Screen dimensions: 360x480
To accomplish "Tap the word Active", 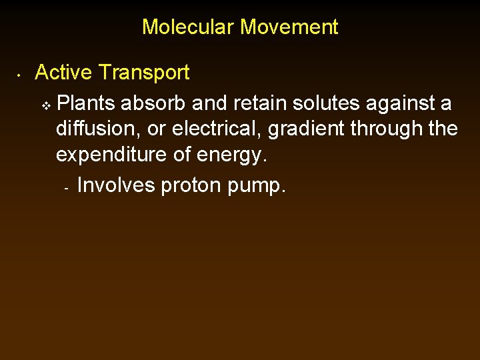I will [x=64, y=72].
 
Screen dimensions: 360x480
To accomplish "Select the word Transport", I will [x=144, y=72].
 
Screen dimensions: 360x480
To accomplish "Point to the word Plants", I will [x=86, y=103].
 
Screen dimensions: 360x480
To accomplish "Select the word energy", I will [x=232, y=155].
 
